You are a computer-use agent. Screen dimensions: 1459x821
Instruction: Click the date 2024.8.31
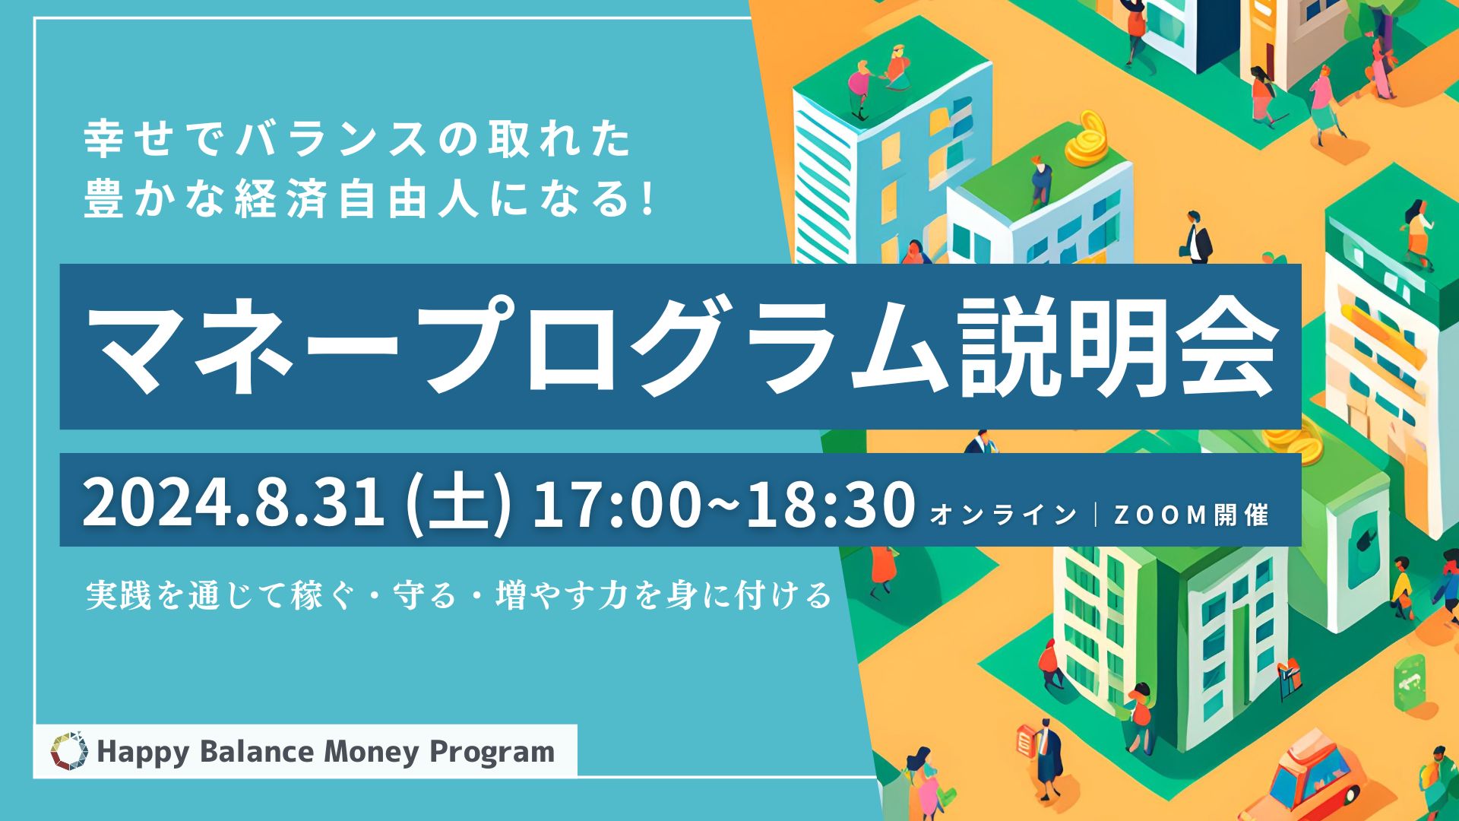click(x=234, y=502)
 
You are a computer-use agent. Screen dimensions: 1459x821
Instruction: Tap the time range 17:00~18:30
click(x=723, y=502)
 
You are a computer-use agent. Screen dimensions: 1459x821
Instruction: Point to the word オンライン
click(x=1004, y=515)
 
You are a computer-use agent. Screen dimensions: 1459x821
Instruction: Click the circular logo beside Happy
click(x=69, y=751)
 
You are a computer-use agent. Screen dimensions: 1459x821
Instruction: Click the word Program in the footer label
click(x=492, y=753)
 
